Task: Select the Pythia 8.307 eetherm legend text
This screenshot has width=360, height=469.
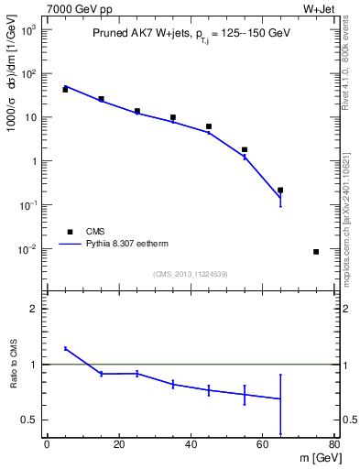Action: (136, 245)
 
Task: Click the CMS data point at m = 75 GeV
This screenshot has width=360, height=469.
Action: (316, 252)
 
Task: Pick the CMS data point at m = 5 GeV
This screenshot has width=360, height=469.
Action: (65, 90)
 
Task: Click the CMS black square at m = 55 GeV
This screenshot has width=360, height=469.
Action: (245, 149)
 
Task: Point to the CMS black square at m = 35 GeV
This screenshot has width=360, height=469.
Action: (173, 117)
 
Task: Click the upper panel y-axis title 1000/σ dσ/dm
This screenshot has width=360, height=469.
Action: (15, 87)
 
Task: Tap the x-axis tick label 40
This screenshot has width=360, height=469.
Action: (191, 445)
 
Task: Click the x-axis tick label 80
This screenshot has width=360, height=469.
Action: (333, 445)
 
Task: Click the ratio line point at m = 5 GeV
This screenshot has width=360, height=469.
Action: (65, 348)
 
